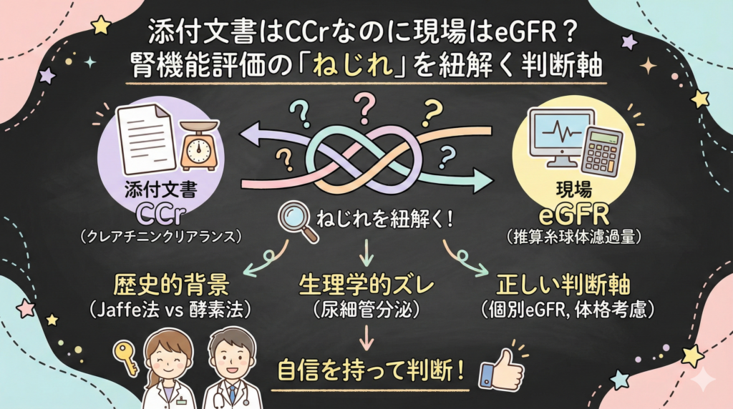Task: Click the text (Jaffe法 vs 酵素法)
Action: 170,312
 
